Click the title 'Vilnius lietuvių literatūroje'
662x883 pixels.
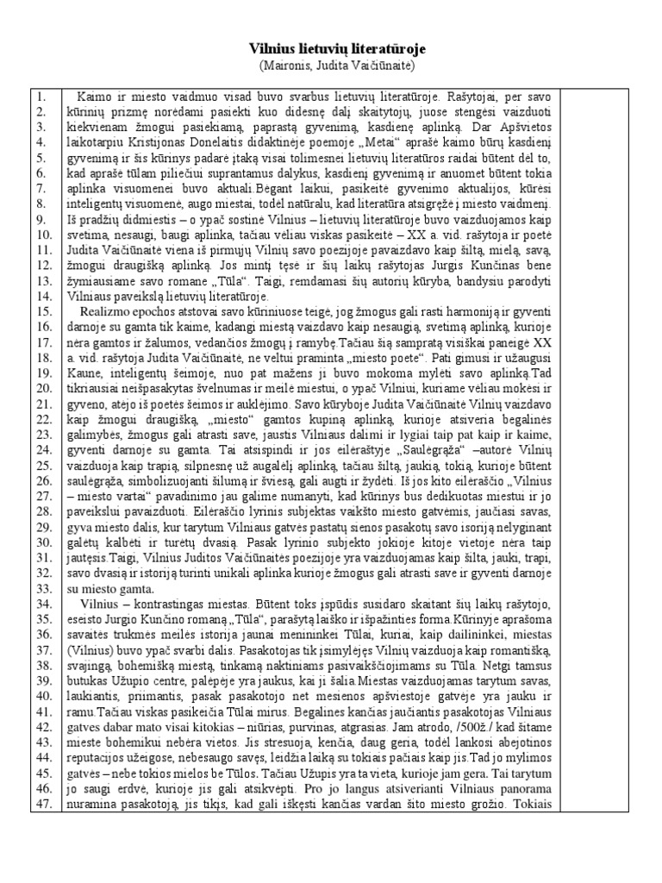(331, 50)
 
